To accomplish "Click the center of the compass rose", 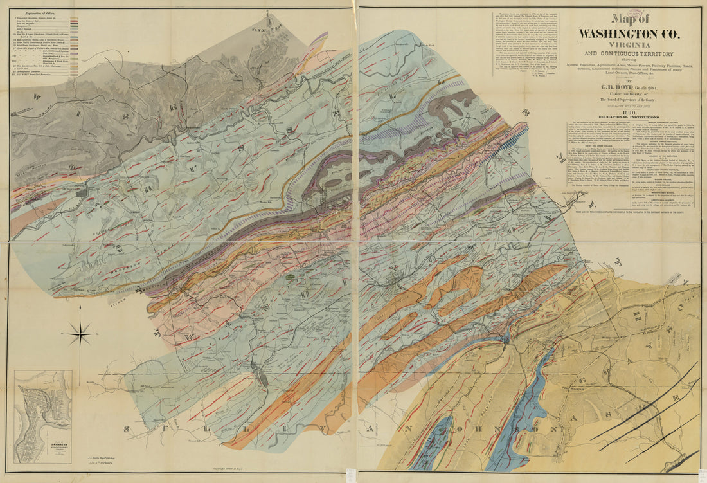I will coord(80,333).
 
